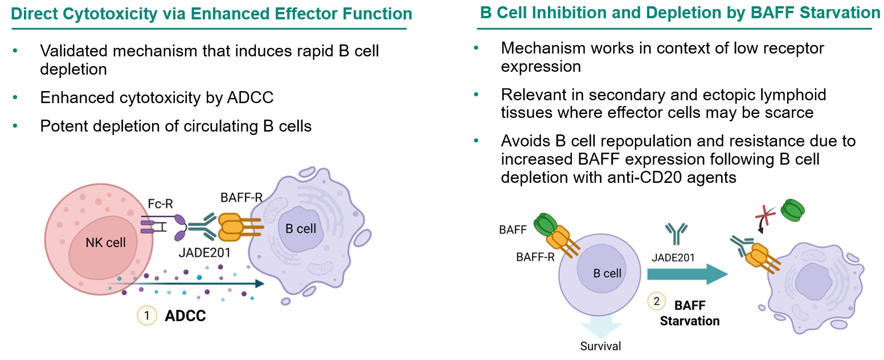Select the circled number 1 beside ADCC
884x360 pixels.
(146, 315)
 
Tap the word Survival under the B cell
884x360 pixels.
(600, 346)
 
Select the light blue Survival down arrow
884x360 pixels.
(600, 328)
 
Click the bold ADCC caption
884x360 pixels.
(185, 316)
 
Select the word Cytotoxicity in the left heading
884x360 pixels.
(98, 13)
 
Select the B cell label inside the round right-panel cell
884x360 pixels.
(607, 273)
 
